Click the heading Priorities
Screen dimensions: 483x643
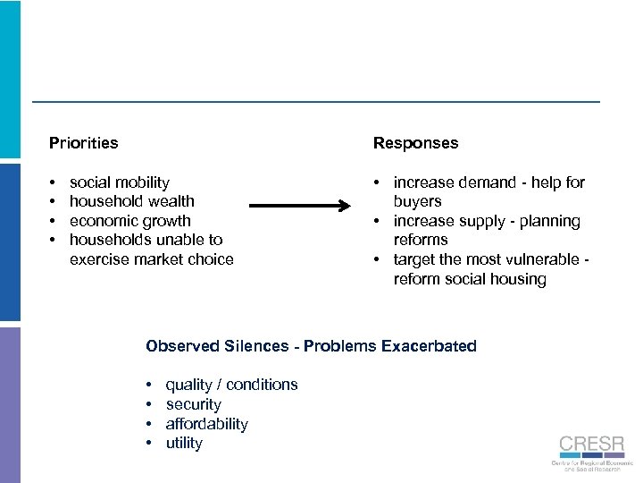click(x=83, y=143)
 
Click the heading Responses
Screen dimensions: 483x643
click(x=415, y=143)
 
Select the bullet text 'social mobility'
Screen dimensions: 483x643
click(x=119, y=182)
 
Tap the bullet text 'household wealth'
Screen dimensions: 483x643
click(x=131, y=201)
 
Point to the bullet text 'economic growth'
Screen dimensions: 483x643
click(x=129, y=221)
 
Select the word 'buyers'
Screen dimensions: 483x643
click(x=417, y=201)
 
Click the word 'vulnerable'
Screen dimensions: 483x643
click(x=543, y=259)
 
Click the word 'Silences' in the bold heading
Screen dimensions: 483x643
click(x=261, y=346)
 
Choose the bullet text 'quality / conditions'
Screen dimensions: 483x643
click(x=231, y=385)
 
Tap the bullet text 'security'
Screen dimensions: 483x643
click(x=193, y=404)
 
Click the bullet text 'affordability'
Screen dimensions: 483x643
click(x=206, y=424)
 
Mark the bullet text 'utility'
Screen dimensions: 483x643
click(x=184, y=443)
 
